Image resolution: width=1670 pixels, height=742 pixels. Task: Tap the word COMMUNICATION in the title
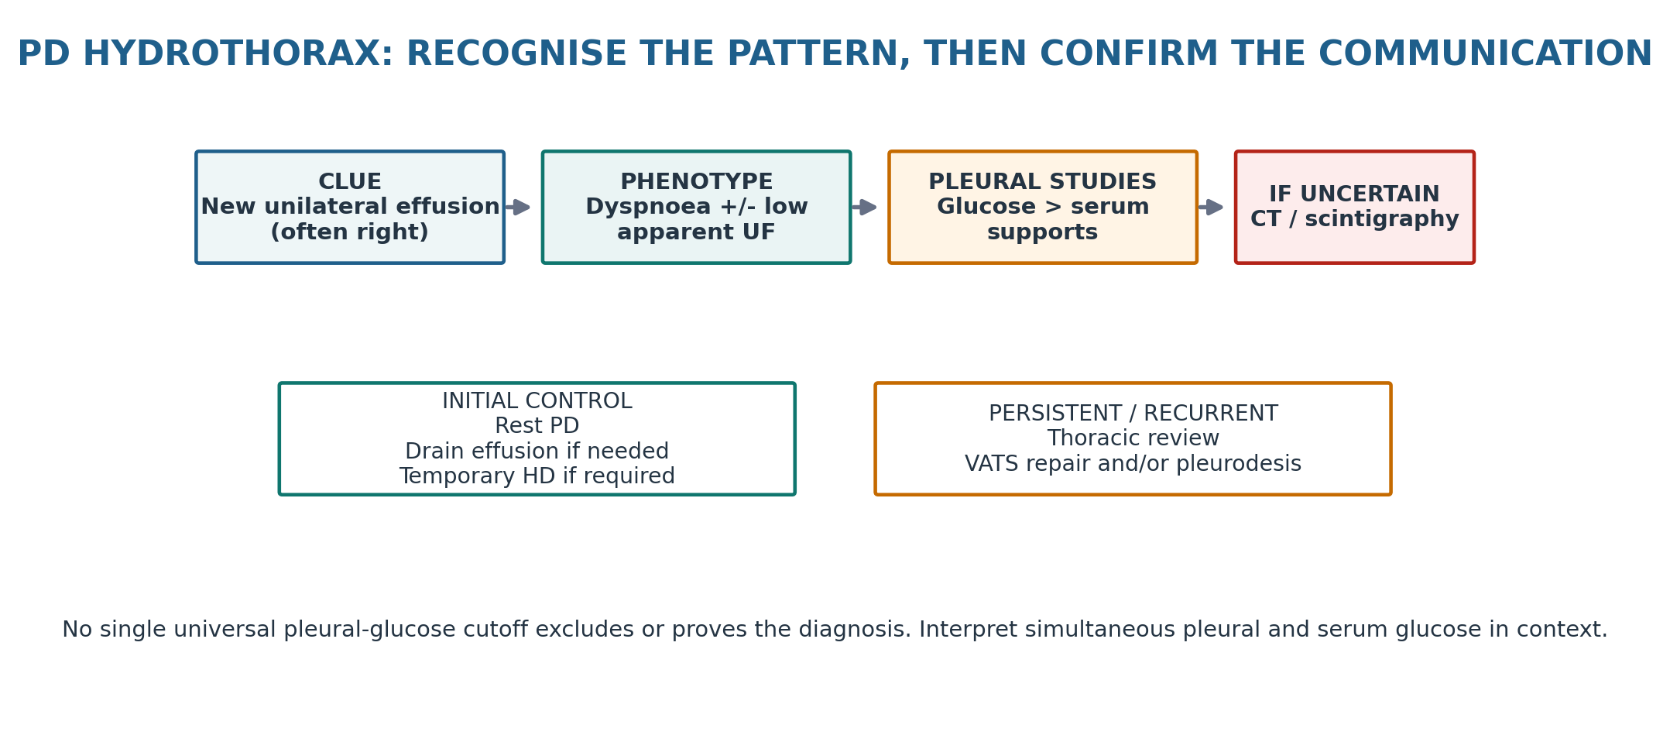tap(1485, 54)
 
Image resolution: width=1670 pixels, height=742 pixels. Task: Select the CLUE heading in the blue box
tap(350, 182)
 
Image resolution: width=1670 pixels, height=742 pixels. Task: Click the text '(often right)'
tap(350, 232)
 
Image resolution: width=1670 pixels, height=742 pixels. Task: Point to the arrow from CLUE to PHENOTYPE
tap(517, 207)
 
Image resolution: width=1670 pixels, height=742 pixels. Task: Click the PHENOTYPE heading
tap(697, 182)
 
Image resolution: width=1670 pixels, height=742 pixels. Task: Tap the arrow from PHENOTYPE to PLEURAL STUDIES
tap(864, 207)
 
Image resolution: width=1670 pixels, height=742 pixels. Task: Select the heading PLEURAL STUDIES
tap(1043, 182)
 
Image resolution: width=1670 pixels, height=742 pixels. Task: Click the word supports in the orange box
tap(1043, 233)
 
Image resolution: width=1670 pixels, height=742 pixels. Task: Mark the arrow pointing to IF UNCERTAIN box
tap(1210, 207)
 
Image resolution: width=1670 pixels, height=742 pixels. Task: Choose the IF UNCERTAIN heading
tap(1355, 194)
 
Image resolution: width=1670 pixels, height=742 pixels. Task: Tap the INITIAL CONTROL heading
tap(537, 401)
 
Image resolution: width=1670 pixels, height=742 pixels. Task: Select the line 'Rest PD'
tap(537, 426)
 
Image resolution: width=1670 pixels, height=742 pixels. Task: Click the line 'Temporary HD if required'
tap(537, 476)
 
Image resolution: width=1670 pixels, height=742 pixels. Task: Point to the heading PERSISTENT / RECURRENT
tap(1133, 414)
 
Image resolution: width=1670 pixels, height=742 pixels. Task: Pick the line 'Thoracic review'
tap(1133, 438)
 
